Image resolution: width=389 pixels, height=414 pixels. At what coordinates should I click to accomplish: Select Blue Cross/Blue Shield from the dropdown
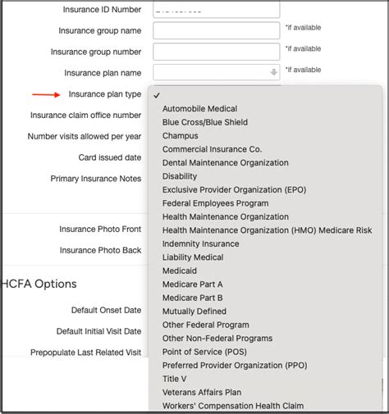tap(204, 122)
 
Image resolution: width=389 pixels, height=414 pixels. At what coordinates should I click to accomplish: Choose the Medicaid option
tap(181, 271)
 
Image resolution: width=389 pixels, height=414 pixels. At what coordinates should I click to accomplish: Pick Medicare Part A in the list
tap(192, 284)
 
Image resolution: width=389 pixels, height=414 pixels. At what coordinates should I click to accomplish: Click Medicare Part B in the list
tap(192, 298)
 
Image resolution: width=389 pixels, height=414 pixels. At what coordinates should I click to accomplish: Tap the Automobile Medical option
tap(199, 108)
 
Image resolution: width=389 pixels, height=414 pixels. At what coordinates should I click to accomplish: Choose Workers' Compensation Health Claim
tap(232, 406)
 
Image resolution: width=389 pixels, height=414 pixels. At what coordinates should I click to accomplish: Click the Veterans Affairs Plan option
tap(201, 393)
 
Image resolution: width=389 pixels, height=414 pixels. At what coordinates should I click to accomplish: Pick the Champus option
tap(180, 135)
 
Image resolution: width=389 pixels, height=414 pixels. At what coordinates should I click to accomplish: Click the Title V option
tap(174, 379)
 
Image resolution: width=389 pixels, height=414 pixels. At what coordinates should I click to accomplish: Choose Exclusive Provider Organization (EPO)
tap(224, 189)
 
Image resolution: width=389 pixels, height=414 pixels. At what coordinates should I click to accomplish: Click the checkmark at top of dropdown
tap(156, 95)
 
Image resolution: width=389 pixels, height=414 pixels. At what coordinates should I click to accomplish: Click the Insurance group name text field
tap(216, 30)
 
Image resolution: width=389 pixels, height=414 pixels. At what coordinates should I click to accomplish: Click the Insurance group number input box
tap(216, 52)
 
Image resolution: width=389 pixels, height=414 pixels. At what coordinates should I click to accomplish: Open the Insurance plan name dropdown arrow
tap(273, 73)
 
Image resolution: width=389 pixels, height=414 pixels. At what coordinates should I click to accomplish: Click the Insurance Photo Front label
tap(100, 230)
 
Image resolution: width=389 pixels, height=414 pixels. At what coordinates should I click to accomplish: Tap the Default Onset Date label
tap(106, 310)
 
